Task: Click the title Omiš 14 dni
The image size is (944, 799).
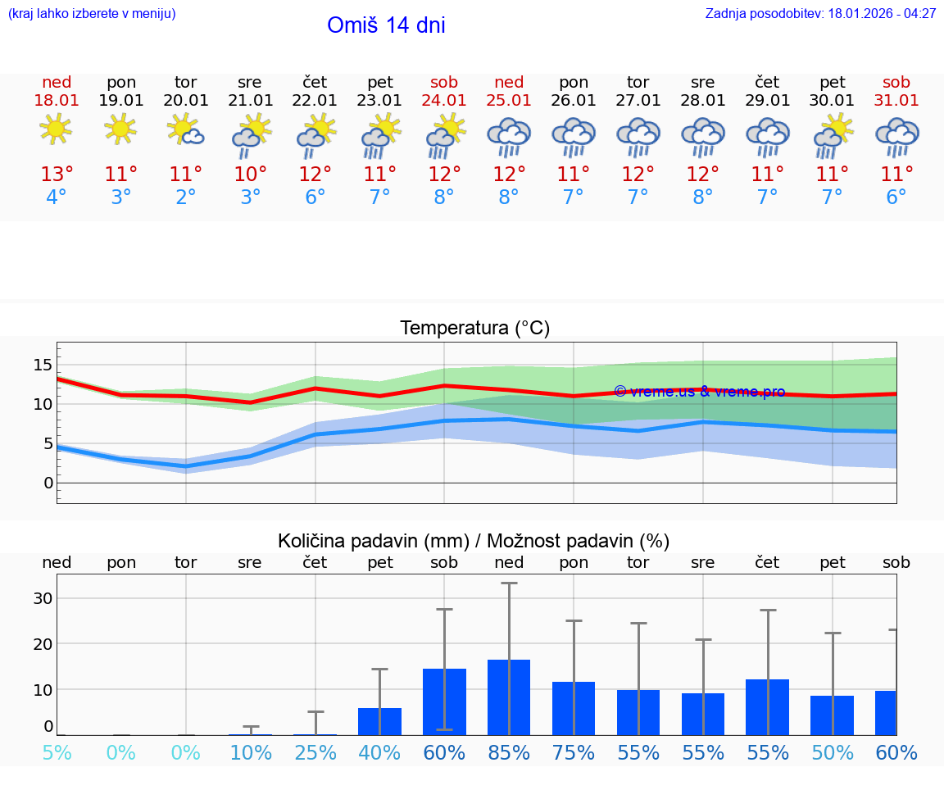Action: coord(386,25)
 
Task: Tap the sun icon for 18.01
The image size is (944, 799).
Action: coord(56,129)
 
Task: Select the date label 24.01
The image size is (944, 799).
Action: coord(444,101)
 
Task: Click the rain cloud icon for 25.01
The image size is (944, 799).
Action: coord(509,135)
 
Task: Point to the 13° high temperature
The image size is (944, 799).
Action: coord(57,175)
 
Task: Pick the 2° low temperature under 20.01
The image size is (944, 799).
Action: coord(186,197)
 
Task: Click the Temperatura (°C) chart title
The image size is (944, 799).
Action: coord(474,329)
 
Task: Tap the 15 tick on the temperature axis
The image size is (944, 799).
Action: coord(43,365)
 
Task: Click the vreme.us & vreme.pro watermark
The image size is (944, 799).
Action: coord(699,392)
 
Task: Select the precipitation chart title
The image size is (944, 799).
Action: coord(474,541)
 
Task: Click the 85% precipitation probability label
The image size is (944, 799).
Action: coord(509,753)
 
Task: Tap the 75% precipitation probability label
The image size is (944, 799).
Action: coord(574,753)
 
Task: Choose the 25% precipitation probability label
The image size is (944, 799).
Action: coord(315,753)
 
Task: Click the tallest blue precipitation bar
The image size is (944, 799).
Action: coord(509,697)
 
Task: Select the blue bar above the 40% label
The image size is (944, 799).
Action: coord(379,722)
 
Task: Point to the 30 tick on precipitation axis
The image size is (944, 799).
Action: coord(43,598)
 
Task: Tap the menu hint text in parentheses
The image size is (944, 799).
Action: coord(92,14)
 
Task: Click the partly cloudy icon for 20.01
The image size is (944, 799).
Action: coord(186,131)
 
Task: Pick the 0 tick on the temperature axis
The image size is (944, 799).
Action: coord(48,483)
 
